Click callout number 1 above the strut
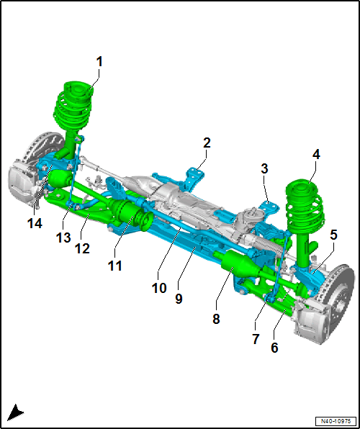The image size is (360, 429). (99, 62)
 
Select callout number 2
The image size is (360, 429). (207, 143)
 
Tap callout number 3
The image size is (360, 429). (264, 169)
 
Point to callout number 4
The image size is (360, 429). (316, 155)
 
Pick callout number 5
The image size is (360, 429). (333, 235)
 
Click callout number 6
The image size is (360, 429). (274, 348)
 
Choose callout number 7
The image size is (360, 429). (256, 339)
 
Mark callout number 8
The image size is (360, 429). (216, 319)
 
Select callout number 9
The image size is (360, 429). (179, 299)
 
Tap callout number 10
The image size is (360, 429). (159, 288)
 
